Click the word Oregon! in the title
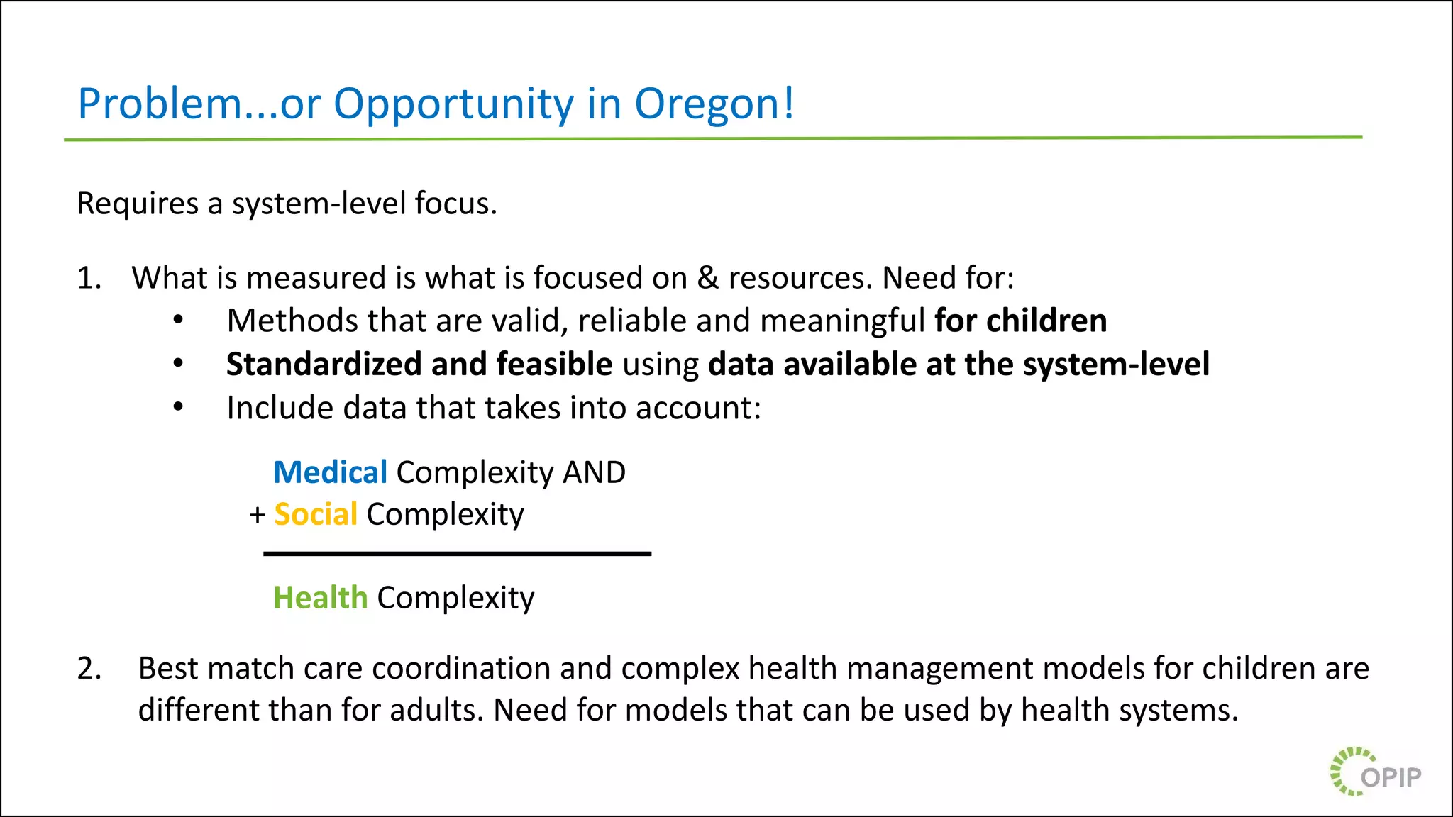tap(714, 104)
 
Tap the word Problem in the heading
tap(160, 104)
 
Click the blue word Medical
tap(330, 472)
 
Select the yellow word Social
tap(316, 514)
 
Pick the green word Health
tap(321, 598)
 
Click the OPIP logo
tap(1376, 772)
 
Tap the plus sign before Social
tap(258, 515)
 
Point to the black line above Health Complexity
tap(457, 554)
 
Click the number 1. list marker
tap(89, 278)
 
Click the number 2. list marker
tap(89, 669)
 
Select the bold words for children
tap(1020, 321)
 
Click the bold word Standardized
tap(324, 365)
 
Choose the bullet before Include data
tap(179, 408)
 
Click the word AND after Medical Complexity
tap(594, 472)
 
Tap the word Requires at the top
tap(138, 204)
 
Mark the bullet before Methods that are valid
tap(179, 321)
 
